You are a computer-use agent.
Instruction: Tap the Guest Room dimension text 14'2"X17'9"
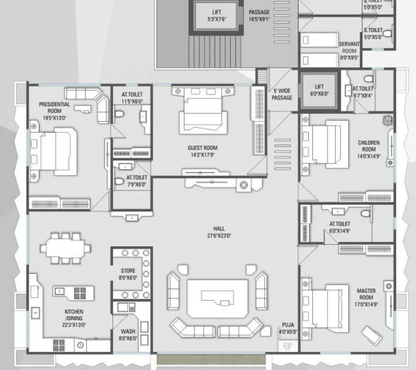pyautogui.click(x=202, y=155)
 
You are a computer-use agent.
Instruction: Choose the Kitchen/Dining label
pyautogui.click(x=74, y=315)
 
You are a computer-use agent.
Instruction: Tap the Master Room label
pyautogui.click(x=366, y=294)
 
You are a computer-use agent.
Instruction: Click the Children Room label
pyautogui.click(x=369, y=146)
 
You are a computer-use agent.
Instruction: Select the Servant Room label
pyautogui.click(x=349, y=47)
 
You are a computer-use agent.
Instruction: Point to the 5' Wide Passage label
pyautogui.click(x=282, y=94)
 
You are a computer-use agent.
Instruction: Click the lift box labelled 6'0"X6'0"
pyautogui.click(x=319, y=90)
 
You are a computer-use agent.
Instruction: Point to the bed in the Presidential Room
pyautogui.click(x=52, y=150)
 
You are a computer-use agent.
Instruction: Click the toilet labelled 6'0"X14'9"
pyautogui.click(x=339, y=227)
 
